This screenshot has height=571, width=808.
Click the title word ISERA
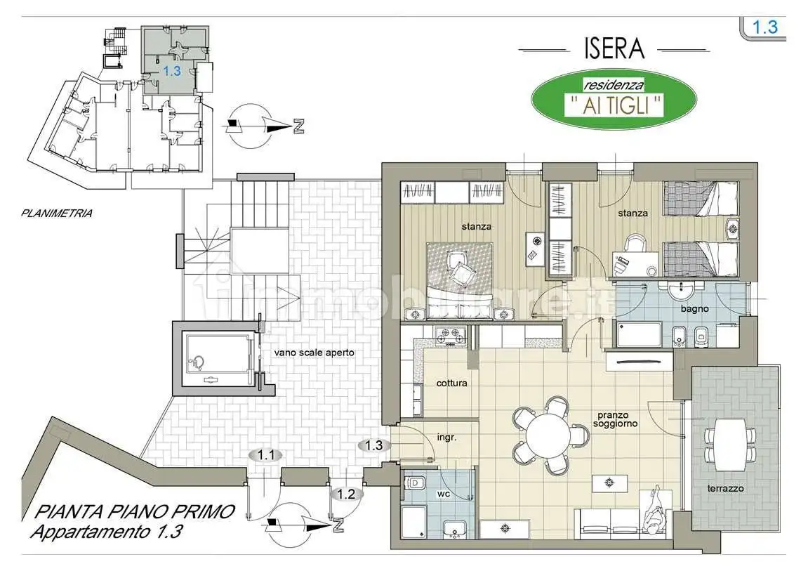coord(614,48)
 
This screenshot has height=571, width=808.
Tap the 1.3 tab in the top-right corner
coord(764,27)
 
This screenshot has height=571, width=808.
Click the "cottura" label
coord(451,383)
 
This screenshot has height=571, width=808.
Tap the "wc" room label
coord(443,494)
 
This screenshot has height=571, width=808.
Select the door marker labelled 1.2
coord(345,494)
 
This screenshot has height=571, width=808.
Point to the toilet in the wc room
coord(416,485)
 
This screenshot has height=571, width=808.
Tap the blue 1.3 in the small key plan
coord(172,71)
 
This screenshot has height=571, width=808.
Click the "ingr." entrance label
coord(446,437)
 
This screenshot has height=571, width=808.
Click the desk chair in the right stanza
coord(635,244)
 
